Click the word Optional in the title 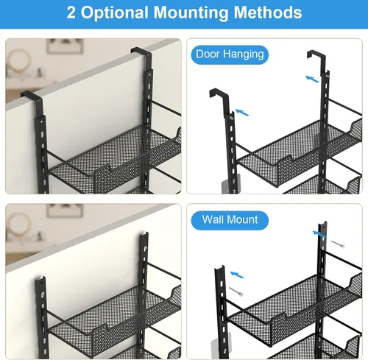[x=114, y=13]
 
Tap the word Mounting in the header [x=191, y=13]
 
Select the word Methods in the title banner [x=268, y=13]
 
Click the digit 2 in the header [x=71, y=13]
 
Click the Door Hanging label [x=230, y=54]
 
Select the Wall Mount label [x=230, y=220]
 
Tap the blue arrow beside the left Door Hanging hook [x=242, y=113]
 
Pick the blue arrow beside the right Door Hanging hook [x=312, y=79]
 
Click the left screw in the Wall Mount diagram [x=236, y=292]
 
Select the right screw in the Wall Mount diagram [x=338, y=244]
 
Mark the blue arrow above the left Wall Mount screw [x=237, y=275]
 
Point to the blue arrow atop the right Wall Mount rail [x=319, y=234]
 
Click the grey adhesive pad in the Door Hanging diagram [x=231, y=183]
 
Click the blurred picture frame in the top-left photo [x=65, y=46]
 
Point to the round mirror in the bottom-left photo [x=18, y=226]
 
